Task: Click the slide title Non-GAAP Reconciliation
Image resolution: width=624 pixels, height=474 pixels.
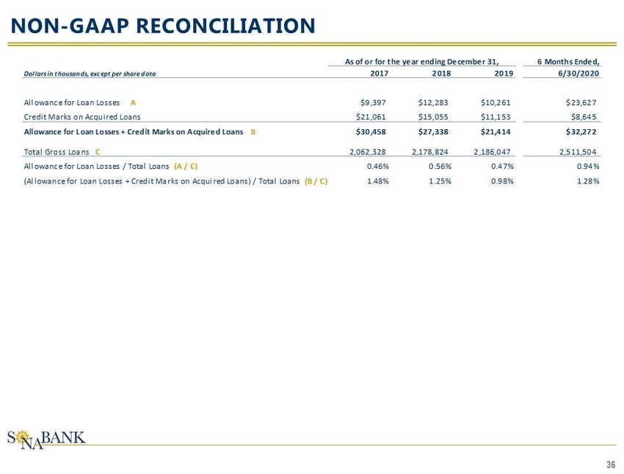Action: tap(162, 26)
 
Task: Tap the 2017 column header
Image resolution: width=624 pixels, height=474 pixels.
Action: tap(378, 74)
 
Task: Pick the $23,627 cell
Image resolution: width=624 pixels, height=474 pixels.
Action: tap(582, 102)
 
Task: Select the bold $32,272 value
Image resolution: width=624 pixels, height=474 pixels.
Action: tap(581, 132)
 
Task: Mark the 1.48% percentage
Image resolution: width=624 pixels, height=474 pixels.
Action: tap(377, 181)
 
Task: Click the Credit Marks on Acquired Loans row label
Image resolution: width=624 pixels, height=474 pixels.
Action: tap(82, 116)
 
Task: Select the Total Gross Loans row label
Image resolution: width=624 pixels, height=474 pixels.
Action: tap(56, 152)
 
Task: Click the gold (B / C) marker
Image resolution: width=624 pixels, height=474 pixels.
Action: tap(316, 181)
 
